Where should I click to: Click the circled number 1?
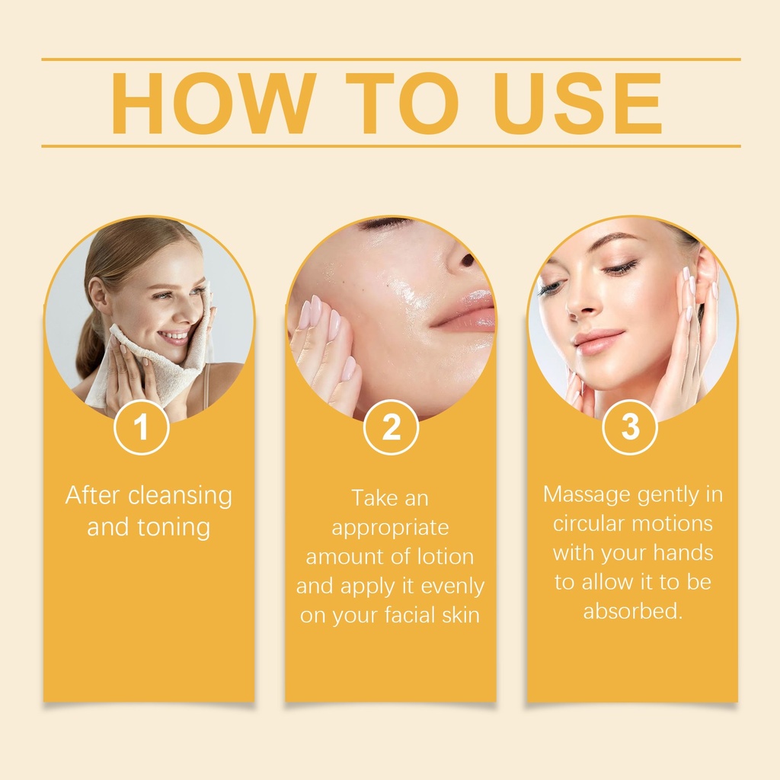point(141,427)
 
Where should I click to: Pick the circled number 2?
point(391,427)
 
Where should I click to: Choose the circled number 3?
point(630,427)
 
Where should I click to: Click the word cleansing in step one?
point(180,497)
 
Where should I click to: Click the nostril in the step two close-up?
point(468,260)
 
